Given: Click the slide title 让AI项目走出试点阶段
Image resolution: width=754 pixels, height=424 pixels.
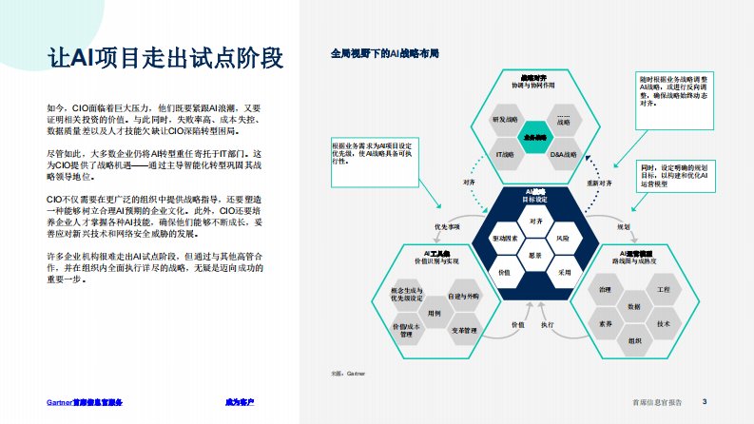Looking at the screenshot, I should pyautogui.click(x=165, y=58).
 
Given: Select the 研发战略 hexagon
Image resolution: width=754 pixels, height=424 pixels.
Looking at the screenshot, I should pyautogui.click(x=505, y=121).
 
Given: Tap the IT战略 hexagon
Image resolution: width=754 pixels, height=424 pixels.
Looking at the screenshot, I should pyautogui.click(x=505, y=154).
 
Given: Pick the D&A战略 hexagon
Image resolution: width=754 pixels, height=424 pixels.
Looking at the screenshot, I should pyautogui.click(x=564, y=154).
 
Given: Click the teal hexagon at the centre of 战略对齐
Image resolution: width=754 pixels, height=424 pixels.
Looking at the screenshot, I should pyautogui.click(x=534, y=137).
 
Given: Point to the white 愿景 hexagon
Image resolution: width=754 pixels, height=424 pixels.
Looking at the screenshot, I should pyautogui.click(x=535, y=256).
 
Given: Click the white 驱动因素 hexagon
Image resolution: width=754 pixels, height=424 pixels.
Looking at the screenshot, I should pyautogui.click(x=505, y=238).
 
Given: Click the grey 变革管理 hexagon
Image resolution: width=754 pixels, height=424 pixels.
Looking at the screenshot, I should pyautogui.click(x=463, y=329).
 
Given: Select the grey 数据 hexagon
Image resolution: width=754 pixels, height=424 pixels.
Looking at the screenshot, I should pyautogui.click(x=634, y=306).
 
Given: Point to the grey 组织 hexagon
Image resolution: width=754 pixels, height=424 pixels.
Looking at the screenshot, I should pyautogui.click(x=634, y=340).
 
